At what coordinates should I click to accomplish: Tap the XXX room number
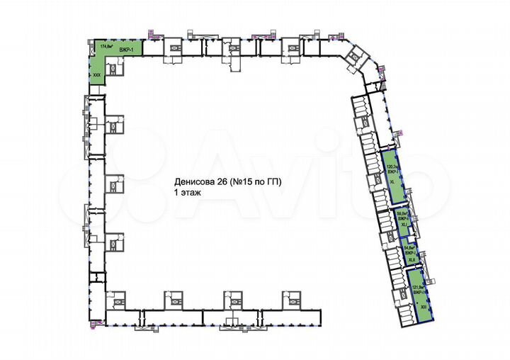pyautogui.click(x=96, y=73)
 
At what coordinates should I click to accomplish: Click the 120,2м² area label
pyautogui.click(x=389, y=168)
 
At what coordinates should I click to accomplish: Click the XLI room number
pyautogui.click(x=403, y=225)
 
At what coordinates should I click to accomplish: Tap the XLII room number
pyautogui.click(x=411, y=259)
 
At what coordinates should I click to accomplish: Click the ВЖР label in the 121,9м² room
pyautogui.click(x=419, y=292)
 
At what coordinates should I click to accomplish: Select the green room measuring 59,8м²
pyautogui.click(x=402, y=219)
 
